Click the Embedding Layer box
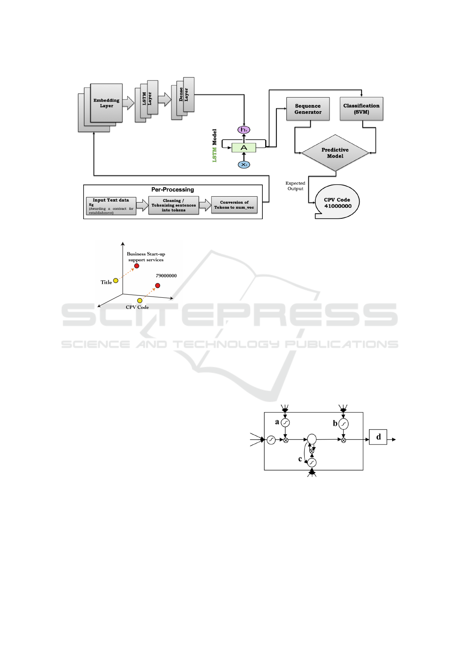(x=106, y=103)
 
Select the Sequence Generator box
(x=308, y=109)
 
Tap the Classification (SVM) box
(x=362, y=108)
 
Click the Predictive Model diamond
(x=335, y=153)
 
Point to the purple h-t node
(x=244, y=130)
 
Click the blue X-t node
(x=244, y=165)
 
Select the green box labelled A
(x=244, y=148)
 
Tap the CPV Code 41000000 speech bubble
(x=337, y=202)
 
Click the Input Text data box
(x=111, y=206)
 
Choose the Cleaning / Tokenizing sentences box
(x=173, y=205)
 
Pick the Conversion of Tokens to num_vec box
(x=234, y=205)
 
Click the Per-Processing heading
(x=173, y=189)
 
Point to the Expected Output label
(x=295, y=186)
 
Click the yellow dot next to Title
(x=116, y=281)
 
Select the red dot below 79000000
(x=158, y=286)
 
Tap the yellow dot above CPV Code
(x=140, y=300)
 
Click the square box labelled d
(x=378, y=437)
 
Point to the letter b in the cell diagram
(x=335, y=423)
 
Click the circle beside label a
(x=285, y=423)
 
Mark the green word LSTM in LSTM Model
(x=214, y=154)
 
